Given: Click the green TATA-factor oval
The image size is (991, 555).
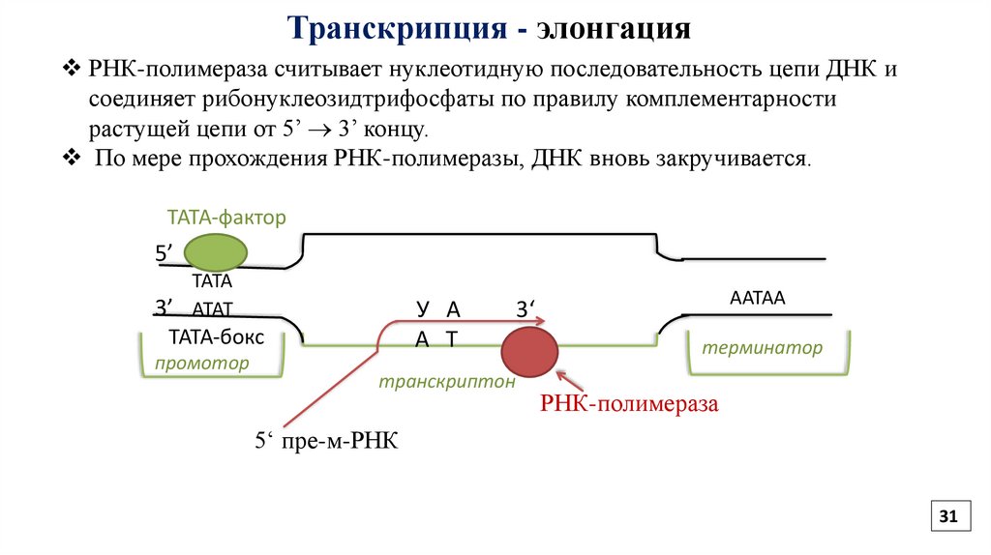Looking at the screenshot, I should [x=215, y=253].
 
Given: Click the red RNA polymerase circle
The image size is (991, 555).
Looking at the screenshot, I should [x=529, y=350].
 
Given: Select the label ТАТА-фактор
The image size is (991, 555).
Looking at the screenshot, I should [x=226, y=218].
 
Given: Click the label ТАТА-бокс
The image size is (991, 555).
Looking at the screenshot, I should [x=216, y=337].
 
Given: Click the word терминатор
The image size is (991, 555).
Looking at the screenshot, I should [x=763, y=348].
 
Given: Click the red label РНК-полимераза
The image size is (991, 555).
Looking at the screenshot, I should [x=629, y=404].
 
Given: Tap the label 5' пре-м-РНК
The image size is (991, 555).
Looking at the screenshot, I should [x=327, y=442].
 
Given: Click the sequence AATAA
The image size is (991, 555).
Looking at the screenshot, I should [x=757, y=300].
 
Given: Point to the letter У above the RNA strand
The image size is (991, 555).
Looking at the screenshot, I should [x=422, y=309].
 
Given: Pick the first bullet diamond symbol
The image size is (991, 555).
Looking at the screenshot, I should [x=72, y=71].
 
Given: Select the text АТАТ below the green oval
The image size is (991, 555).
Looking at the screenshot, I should [x=213, y=310].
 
